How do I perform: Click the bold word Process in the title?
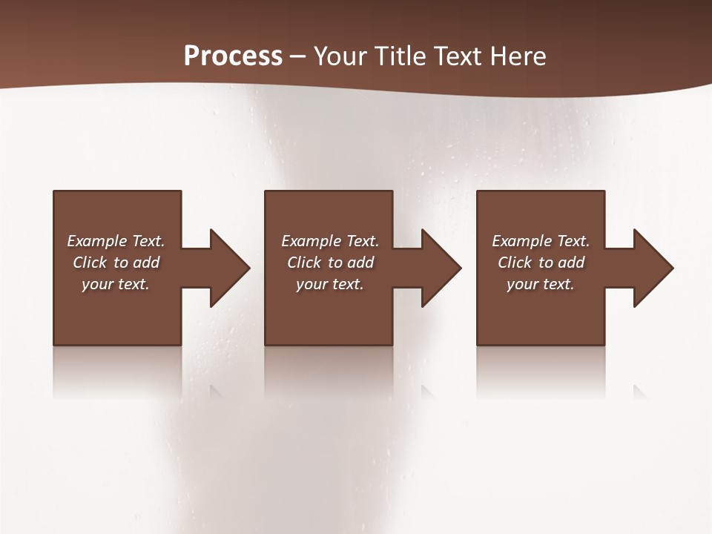(x=233, y=56)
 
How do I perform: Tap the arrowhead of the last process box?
(x=652, y=268)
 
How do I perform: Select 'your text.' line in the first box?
(x=116, y=284)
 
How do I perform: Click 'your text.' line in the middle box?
(x=330, y=284)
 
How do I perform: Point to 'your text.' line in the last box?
(x=541, y=284)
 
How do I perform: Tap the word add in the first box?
(x=147, y=263)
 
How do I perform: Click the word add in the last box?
(x=572, y=263)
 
